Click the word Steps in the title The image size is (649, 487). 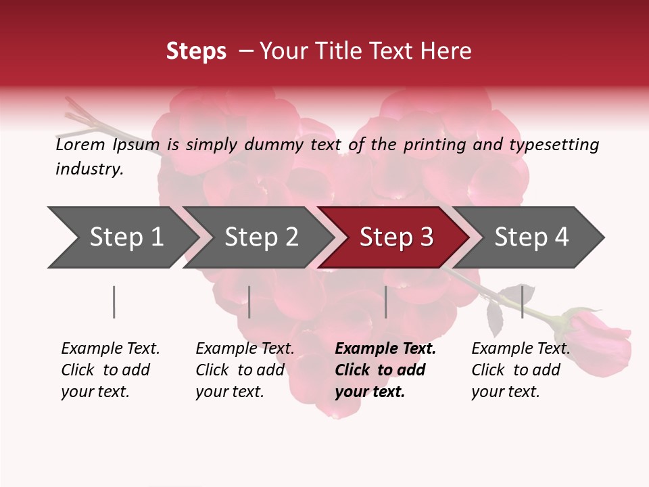point(196,51)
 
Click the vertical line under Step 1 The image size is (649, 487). point(114,302)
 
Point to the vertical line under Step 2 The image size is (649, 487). point(249,302)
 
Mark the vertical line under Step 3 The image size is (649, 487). point(385,302)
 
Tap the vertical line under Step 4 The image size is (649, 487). point(522,302)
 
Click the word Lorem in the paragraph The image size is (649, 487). point(80,145)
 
